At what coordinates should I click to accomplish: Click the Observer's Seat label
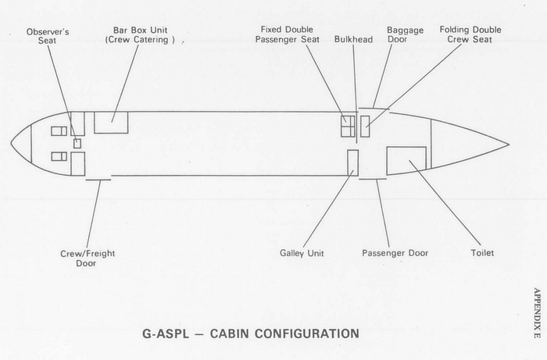tap(48, 36)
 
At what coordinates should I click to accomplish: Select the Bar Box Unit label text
tap(140, 35)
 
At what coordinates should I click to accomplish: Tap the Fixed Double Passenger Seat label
tap(287, 34)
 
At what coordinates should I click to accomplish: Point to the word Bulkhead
tap(353, 39)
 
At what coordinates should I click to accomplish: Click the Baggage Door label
tap(405, 34)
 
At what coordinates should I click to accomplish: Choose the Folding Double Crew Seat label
tap(470, 34)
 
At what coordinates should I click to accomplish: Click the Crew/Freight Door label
tap(88, 258)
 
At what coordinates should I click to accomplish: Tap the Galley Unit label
tap(302, 253)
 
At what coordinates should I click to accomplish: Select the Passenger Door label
tap(395, 253)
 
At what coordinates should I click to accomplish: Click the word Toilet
tap(482, 253)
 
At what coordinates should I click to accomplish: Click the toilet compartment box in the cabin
tap(406, 161)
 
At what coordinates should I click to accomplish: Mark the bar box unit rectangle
tap(111, 123)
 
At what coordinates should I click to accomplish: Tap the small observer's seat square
tap(77, 144)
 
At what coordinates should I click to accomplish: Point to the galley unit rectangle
tap(352, 162)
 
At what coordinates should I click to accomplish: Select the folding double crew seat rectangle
tap(365, 127)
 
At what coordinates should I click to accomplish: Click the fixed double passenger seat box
tap(348, 127)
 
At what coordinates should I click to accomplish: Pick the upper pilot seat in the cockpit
tap(59, 131)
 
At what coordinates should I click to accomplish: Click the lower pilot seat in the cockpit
tap(59, 156)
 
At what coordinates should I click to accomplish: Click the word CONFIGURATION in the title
tap(284, 333)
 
